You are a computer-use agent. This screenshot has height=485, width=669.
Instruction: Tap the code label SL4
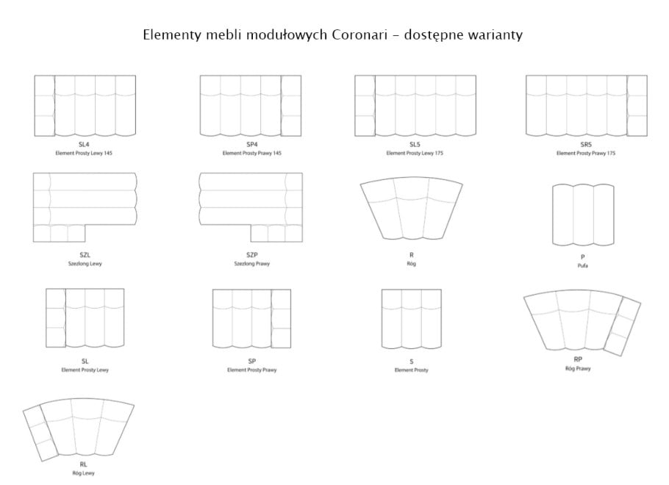84,145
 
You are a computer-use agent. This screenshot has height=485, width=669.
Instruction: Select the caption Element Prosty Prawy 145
251,153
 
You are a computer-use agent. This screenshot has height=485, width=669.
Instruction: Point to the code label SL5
415,145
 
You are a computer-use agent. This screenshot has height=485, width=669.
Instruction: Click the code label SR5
586,145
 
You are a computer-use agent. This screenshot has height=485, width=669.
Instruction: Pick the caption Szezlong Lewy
85,264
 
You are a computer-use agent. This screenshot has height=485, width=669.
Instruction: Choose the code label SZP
251,255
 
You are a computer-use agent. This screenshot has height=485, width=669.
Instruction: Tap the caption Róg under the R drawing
411,264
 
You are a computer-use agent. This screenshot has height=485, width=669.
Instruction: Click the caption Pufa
582,266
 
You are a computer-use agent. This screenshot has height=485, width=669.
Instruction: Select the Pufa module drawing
583,215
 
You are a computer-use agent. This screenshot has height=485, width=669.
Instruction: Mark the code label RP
578,359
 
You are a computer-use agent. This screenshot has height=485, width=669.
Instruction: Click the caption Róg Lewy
83,473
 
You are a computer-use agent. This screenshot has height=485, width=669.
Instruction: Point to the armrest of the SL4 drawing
44,106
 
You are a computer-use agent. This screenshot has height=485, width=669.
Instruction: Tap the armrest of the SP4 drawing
291,106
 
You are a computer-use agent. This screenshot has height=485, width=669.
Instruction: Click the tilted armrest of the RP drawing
622,327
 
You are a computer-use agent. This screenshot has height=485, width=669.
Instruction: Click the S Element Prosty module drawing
411,319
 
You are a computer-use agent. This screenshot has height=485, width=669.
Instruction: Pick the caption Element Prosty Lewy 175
415,153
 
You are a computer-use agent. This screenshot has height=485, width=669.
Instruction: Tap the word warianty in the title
496,35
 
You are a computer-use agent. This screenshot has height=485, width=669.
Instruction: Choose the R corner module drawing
411,209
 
